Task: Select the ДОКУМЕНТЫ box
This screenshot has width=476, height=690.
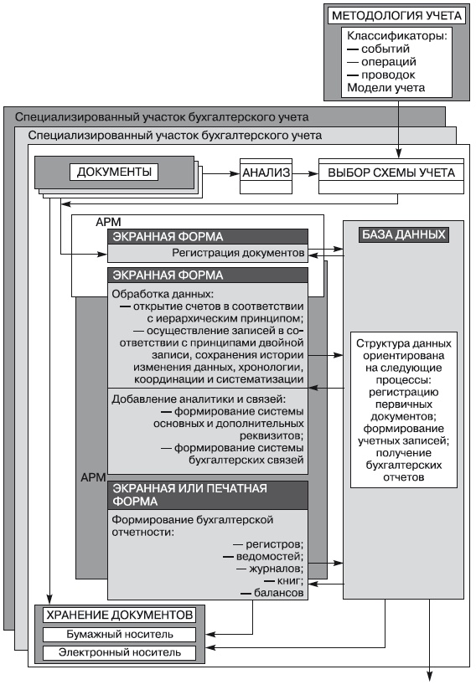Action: click(114, 173)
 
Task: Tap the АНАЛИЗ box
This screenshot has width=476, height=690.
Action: click(266, 173)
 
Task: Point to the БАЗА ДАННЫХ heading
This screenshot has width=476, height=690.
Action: click(402, 234)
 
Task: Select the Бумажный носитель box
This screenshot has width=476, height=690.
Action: click(119, 634)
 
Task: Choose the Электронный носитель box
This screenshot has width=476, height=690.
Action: click(119, 652)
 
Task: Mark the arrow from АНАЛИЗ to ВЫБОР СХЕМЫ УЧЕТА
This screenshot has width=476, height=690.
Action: click(306, 173)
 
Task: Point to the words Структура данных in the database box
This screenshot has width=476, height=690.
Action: click(404, 343)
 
